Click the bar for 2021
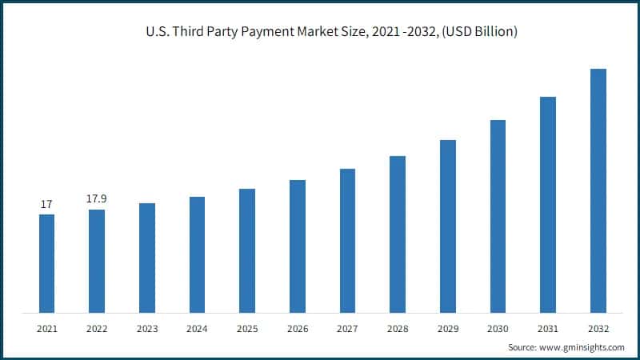(x=47, y=263)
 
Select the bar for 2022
(x=97, y=261)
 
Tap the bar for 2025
(x=247, y=250)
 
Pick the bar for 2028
(x=398, y=234)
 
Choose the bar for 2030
(x=498, y=216)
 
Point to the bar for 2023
(x=147, y=258)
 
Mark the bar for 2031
(x=548, y=204)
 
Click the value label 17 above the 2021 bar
(x=47, y=206)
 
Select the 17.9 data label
(x=97, y=198)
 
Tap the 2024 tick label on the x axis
(x=197, y=329)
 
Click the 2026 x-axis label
(x=298, y=329)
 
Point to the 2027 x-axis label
(x=347, y=329)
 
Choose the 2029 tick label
(x=448, y=329)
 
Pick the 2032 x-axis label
(x=598, y=329)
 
